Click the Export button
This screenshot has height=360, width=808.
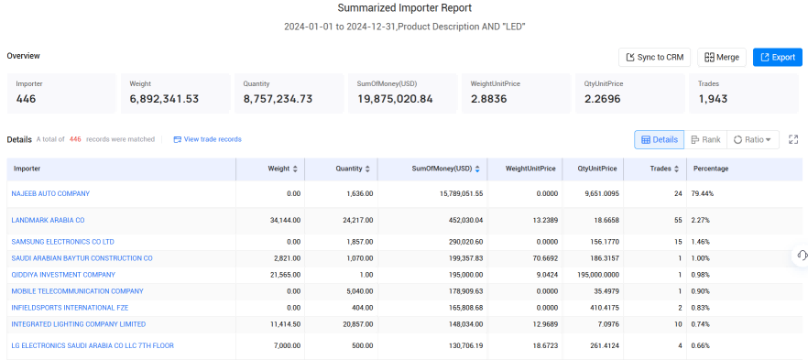click(x=777, y=57)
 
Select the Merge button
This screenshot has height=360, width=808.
click(x=722, y=57)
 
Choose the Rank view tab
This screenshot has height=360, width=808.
click(x=705, y=139)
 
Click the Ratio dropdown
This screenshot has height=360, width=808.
click(x=752, y=139)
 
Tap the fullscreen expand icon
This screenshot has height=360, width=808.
click(x=793, y=139)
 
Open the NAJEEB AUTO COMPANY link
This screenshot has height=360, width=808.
click(x=50, y=193)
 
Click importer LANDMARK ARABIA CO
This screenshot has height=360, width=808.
click(x=48, y=220)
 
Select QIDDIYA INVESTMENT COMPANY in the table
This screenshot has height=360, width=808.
click(x=63, y=275)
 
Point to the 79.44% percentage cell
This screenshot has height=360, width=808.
click(x=700, y=193)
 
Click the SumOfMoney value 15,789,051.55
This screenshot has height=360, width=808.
click(x=454, y=193)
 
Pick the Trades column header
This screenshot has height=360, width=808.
click(x=664, y=169)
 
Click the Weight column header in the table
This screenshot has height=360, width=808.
click(x=281, y=169)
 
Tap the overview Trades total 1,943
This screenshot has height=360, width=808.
click(x=713, y=99)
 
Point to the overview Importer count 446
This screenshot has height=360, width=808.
click(x=26, y=99)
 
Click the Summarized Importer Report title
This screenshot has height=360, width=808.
click(x=405, y=7)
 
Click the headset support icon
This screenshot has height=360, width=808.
click(x=802, y=255)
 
